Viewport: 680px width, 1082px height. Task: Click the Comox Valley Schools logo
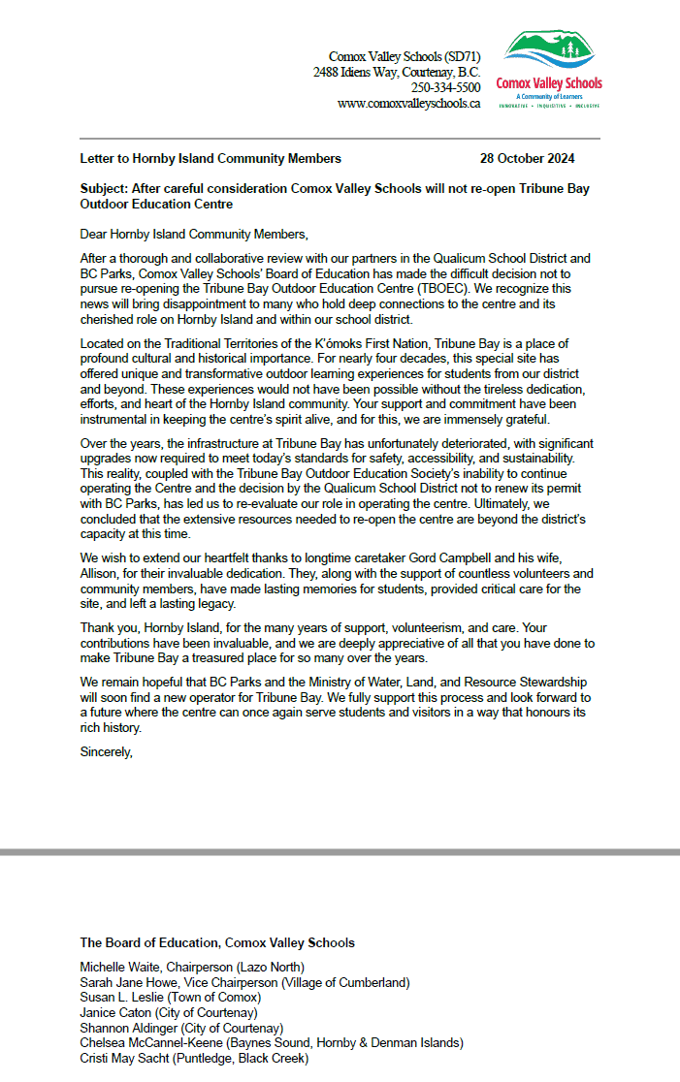pos(548,69)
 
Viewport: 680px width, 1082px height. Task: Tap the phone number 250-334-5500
pos(452,87)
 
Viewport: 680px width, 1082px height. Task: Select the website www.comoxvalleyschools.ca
pos(408,103)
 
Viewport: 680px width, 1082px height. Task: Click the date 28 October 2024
pos(528,158)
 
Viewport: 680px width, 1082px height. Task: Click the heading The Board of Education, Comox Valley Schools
pos(217,942)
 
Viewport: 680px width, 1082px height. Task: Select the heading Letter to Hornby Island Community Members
pos(210,158)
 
